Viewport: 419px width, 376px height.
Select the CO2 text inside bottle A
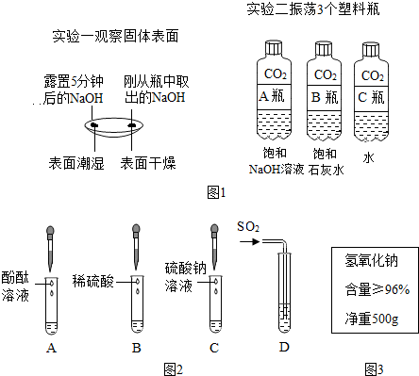click(x=272, y=74)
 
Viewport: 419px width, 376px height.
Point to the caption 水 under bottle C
click(x=371, y=152)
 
